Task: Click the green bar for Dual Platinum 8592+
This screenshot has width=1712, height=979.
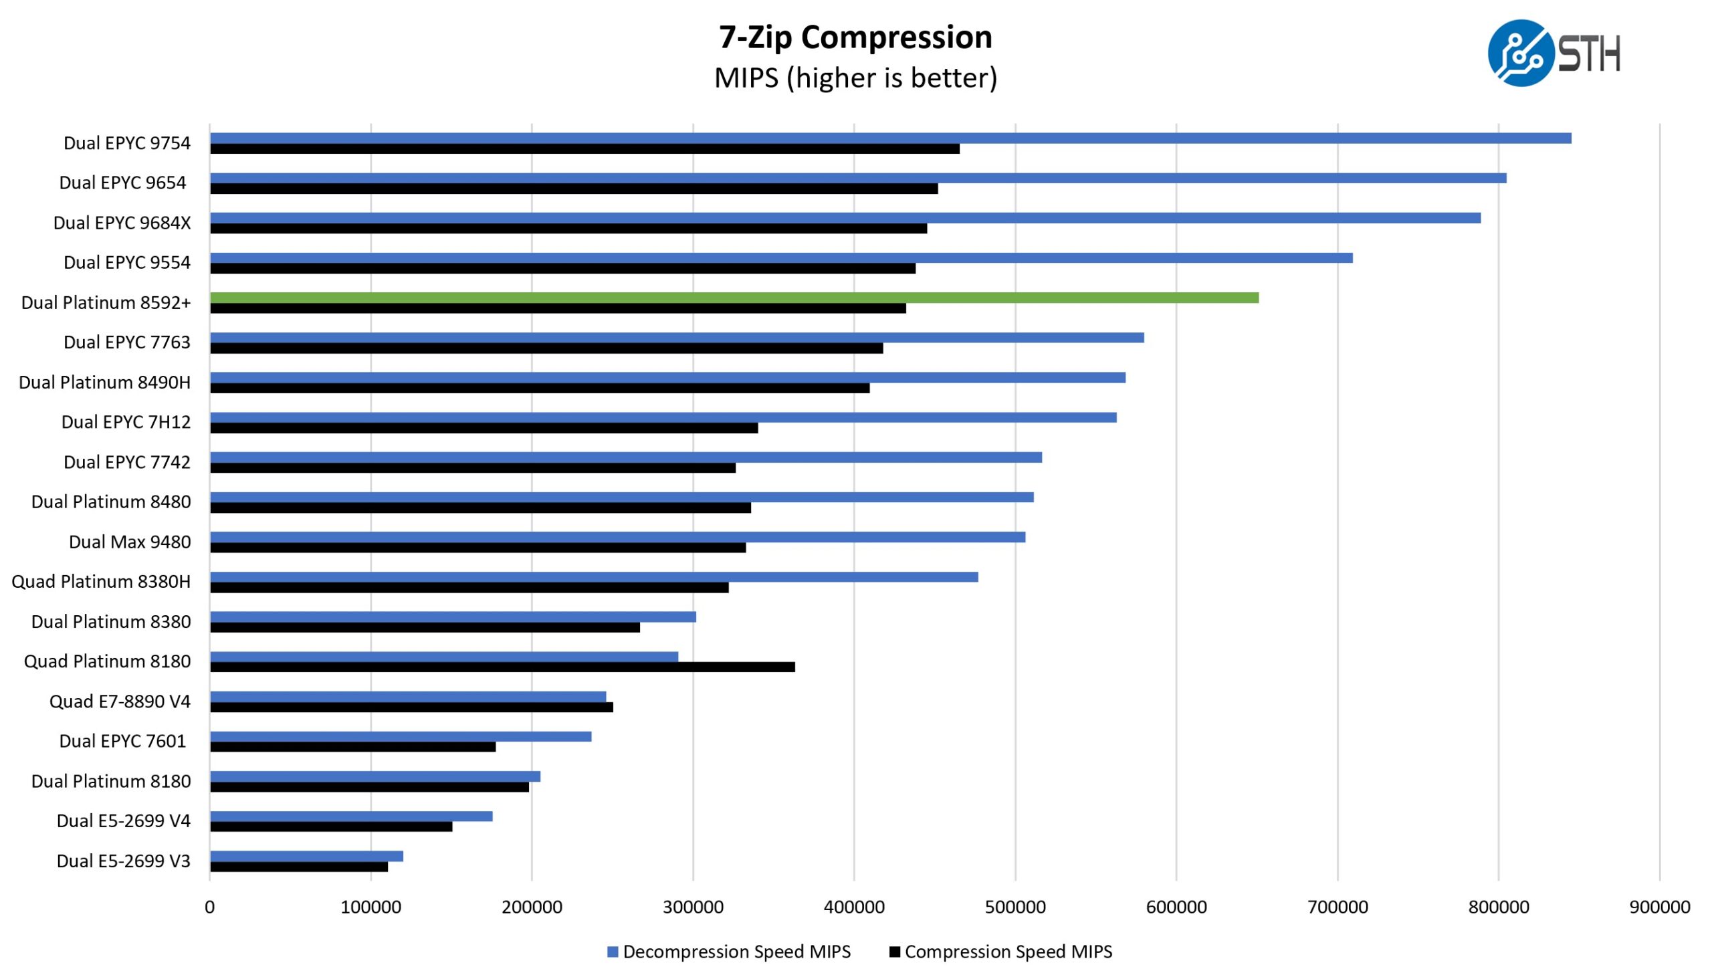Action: point(733,298)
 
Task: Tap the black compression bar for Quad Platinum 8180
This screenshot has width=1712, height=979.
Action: point(502,667)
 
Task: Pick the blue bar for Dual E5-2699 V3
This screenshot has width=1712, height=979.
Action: point(306,856)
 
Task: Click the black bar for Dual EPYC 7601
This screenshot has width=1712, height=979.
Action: point(352,747)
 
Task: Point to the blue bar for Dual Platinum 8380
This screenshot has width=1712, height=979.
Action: point(453,617)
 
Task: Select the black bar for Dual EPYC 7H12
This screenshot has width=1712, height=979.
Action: point(484,428)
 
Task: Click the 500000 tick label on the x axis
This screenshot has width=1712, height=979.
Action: point(1014,907)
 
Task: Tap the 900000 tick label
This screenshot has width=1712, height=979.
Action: point(1659,907)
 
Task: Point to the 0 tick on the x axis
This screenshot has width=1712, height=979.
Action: point(210,907)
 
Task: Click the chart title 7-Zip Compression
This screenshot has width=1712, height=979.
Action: point(855,37)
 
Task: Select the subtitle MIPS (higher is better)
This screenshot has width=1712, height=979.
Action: point(855,78)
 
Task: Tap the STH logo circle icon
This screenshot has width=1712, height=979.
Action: point(1519,53)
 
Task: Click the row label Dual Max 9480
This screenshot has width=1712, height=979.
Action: point(130,542)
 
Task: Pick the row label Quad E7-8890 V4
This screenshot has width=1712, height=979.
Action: point(120,701)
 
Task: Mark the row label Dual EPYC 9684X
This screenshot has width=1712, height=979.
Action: point(122,223)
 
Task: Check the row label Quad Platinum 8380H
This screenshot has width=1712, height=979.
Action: point(101,582)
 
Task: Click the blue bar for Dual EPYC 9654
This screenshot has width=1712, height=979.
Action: point(857,178)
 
